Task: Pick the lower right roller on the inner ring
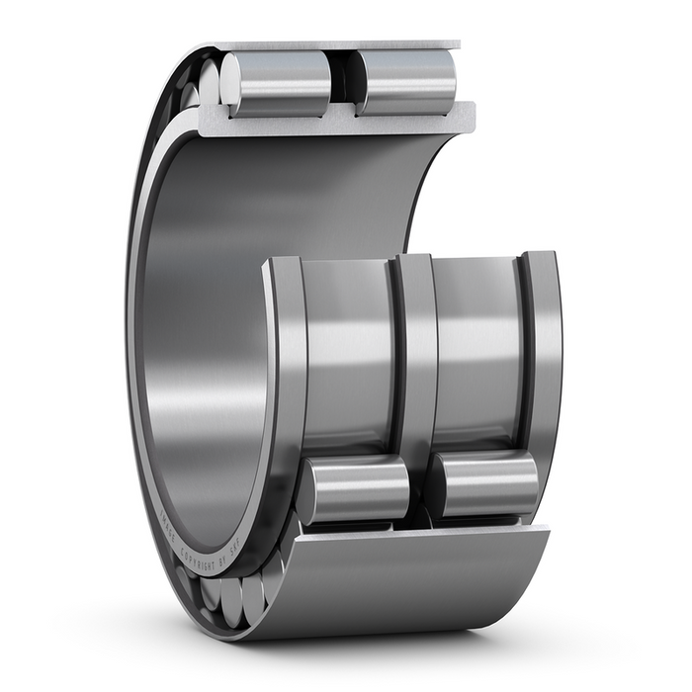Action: click(487, 484)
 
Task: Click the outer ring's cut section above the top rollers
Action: click(336, 45)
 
